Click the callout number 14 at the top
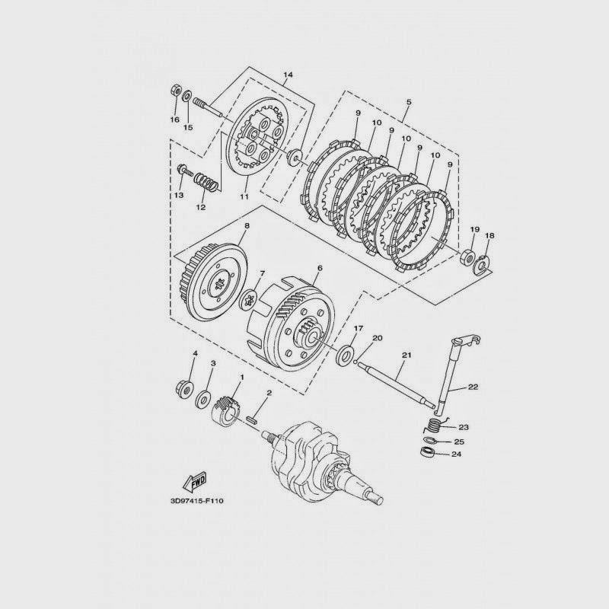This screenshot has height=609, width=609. click(x=288, y=75)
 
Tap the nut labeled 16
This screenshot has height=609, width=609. click(x=174, y=94)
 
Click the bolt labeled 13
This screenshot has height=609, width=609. click(x=183, y=170)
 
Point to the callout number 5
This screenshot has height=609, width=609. click(x=409, y=101)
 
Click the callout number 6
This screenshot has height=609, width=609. click(x=319, y=269)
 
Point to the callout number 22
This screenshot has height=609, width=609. click(x=473, y=387)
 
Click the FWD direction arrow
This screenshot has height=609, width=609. click(x=193, y=482)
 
